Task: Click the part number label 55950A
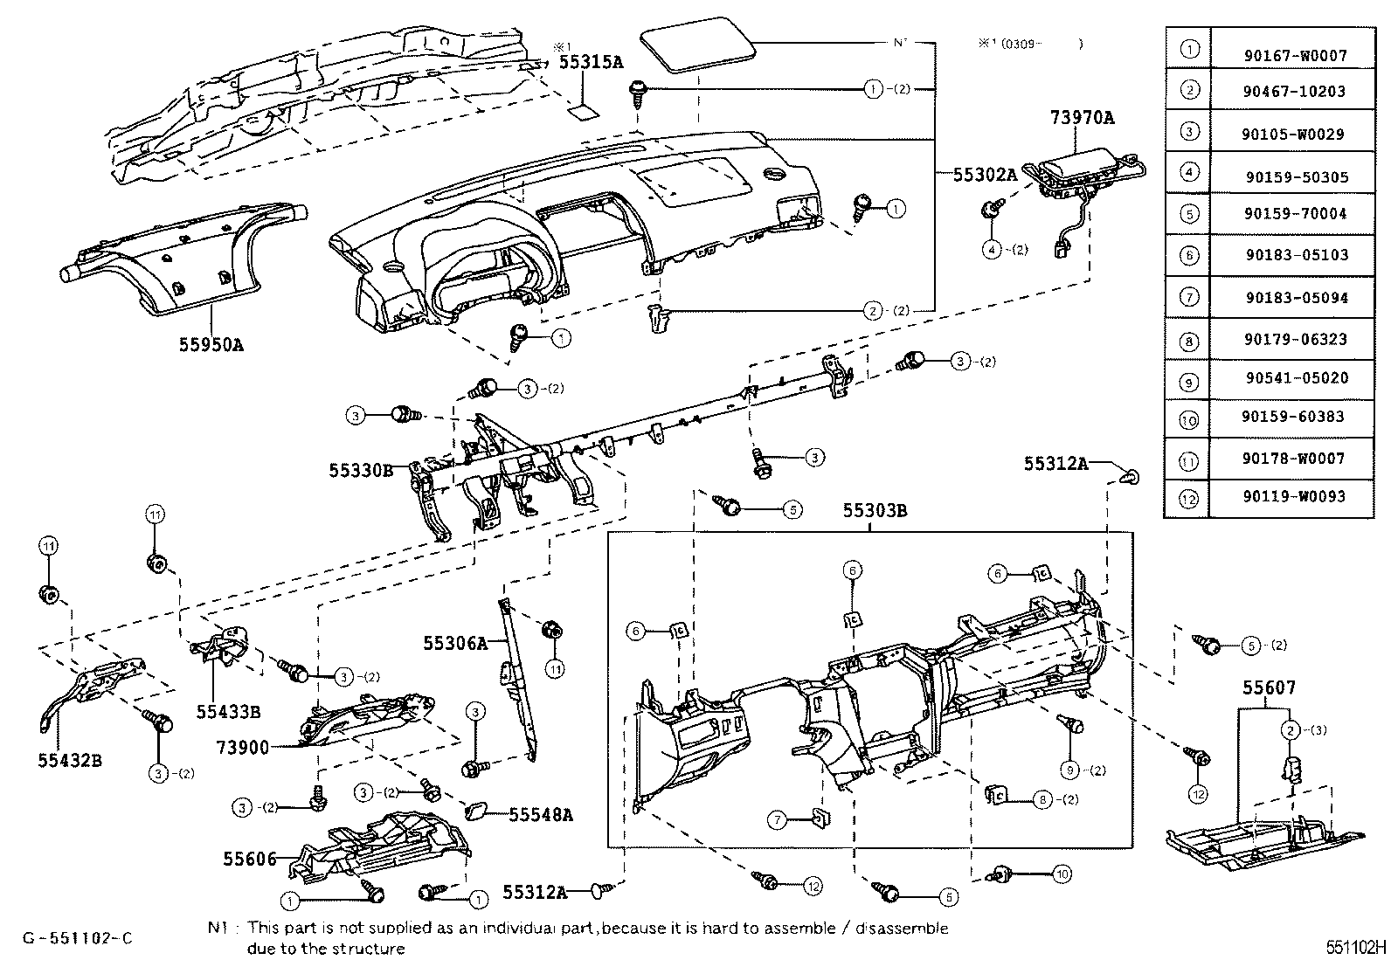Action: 211,344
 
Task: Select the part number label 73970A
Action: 1083,117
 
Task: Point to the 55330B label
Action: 361,470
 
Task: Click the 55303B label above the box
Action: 875,511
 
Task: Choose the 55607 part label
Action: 1270,688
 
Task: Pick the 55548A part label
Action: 542,814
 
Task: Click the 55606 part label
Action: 249,860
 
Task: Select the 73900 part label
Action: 243,748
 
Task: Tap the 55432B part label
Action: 70,760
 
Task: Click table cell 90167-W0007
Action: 1295,55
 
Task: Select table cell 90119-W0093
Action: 1295,496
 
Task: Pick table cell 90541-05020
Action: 1295,378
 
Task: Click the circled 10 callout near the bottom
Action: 1062,874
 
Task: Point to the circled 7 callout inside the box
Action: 776,820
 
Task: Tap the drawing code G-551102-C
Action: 78,938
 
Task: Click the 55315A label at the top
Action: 592,62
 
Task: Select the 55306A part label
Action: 454,644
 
